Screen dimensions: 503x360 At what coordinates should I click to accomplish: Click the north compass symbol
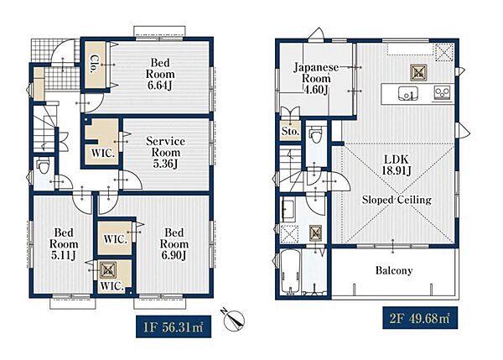point(233,319)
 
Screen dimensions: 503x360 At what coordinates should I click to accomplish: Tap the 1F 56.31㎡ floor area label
point(174,326)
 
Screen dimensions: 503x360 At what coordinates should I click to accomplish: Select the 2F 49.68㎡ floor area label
point(420,318)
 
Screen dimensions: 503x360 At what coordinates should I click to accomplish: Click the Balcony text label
point(394,270)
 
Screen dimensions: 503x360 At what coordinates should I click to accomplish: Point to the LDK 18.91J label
point(397,165)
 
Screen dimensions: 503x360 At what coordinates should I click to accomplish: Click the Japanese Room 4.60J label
point(316,78)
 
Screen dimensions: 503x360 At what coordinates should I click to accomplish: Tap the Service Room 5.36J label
point(165,152)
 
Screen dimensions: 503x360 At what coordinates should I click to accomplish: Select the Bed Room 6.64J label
point(160,74)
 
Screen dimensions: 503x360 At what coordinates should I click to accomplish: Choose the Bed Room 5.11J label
point(64,243)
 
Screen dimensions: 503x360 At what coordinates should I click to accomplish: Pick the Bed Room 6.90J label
point(174,243)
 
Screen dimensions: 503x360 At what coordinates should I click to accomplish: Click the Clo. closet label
point(96,64)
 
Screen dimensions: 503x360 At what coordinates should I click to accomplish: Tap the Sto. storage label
point(290,131)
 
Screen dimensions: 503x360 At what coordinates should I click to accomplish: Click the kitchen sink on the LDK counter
point(407,94)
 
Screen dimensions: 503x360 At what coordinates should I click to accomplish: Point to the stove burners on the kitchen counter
point(442,93)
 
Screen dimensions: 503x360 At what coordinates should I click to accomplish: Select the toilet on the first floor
point(43,166)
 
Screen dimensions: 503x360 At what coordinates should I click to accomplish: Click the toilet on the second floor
point(315,135)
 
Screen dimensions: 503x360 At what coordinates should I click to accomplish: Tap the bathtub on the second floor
point(290,272)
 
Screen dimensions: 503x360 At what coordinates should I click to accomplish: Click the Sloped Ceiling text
point(397,200)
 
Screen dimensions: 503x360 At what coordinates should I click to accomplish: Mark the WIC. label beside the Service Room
point(103,154)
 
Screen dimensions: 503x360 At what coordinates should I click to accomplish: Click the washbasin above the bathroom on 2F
point(288,209)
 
